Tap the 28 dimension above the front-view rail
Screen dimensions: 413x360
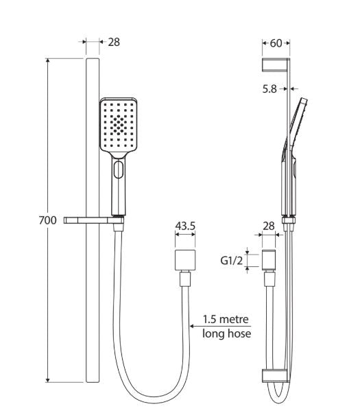114,42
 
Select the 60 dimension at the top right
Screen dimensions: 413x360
276,43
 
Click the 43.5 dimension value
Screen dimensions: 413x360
186,224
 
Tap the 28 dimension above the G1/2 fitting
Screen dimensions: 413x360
269,224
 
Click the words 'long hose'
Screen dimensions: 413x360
226,333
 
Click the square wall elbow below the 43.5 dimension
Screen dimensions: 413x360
186,261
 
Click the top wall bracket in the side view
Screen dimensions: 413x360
276,66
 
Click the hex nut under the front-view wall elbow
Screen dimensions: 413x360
186,279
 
